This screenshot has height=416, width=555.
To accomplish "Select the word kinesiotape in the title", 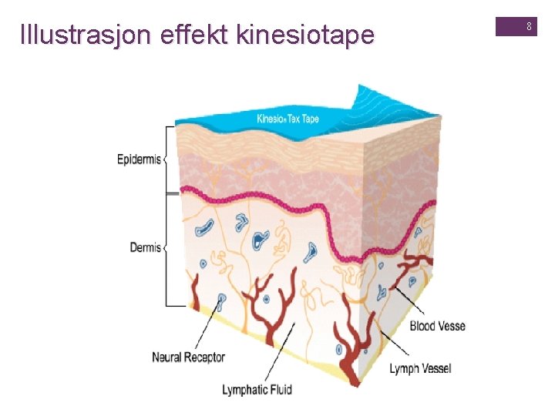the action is [308, 35].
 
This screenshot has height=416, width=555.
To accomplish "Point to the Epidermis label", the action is [139, 160].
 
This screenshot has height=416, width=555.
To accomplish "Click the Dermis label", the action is [145, 248].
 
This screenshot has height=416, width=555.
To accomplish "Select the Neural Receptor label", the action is [188, 357].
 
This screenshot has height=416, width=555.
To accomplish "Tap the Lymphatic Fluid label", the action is [257, 390].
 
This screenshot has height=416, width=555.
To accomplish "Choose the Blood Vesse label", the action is [437, 326].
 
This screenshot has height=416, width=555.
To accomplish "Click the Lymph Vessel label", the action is [420, 369].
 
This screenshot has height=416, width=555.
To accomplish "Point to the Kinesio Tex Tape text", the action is [288, 119].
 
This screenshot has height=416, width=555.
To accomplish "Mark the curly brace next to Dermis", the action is [166, 248].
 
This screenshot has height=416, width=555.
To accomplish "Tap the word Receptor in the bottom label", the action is [205, 357].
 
